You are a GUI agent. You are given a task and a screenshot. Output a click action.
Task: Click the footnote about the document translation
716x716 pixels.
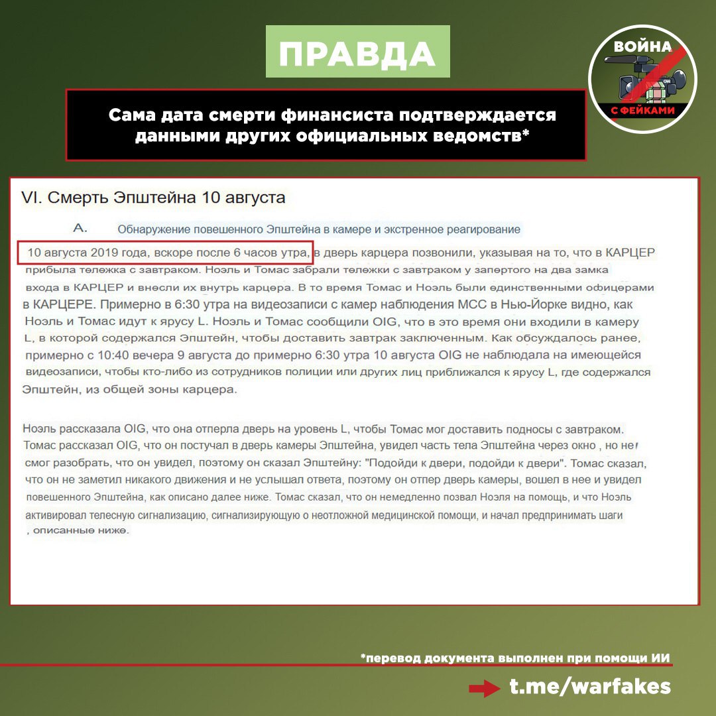point(516,658)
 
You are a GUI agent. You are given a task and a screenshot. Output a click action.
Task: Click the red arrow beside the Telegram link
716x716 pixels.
point(483,688)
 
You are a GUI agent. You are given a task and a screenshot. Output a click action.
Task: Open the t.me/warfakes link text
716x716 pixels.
point(590,687)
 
